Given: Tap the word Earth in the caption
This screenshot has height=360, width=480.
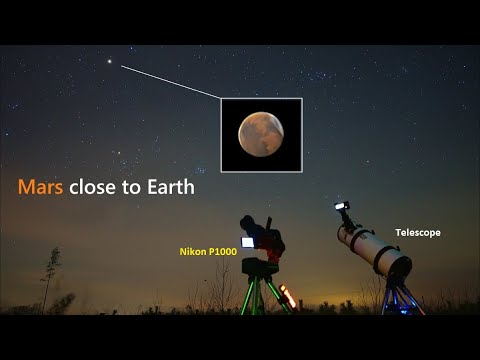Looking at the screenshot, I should point(168,186).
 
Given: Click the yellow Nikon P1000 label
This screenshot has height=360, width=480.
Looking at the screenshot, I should point(208,252).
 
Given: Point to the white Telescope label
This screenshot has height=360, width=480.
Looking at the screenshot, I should point(417,232).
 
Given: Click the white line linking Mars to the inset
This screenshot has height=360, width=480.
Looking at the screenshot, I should point(170,82).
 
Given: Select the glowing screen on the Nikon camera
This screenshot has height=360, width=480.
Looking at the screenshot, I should point(247,241).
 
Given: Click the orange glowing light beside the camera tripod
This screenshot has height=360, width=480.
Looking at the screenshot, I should point(289,296).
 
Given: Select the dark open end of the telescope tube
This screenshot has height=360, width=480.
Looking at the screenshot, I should point(398,266).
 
